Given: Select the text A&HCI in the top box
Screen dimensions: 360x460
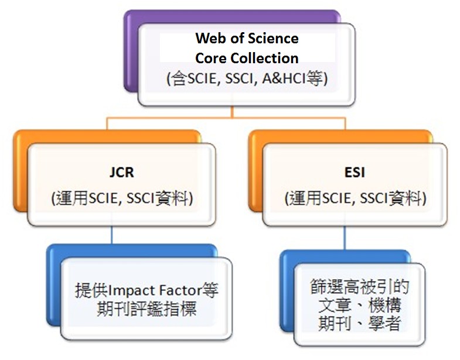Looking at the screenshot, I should click(285, 77).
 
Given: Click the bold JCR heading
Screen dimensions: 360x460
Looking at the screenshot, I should click(121, 174).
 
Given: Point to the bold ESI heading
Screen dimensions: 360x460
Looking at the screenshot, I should click(355, 174).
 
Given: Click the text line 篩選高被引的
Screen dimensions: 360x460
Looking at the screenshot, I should click(359, 287).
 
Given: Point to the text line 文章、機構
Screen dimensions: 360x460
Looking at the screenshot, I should click(359, 306).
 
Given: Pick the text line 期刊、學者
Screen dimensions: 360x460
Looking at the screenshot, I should click(359, 324).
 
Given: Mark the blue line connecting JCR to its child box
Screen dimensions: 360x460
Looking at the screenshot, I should click(111, 235).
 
